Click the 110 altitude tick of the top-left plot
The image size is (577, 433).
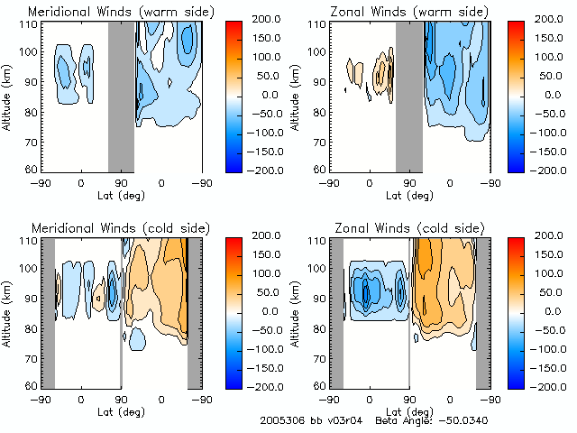31,25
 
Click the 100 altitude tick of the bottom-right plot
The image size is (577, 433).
319,271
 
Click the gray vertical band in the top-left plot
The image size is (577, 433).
121,96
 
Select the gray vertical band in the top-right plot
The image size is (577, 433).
409,96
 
